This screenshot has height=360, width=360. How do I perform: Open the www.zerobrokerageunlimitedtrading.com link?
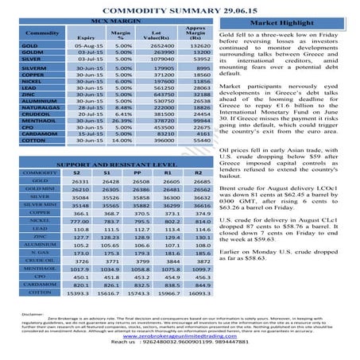click(180, 336)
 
